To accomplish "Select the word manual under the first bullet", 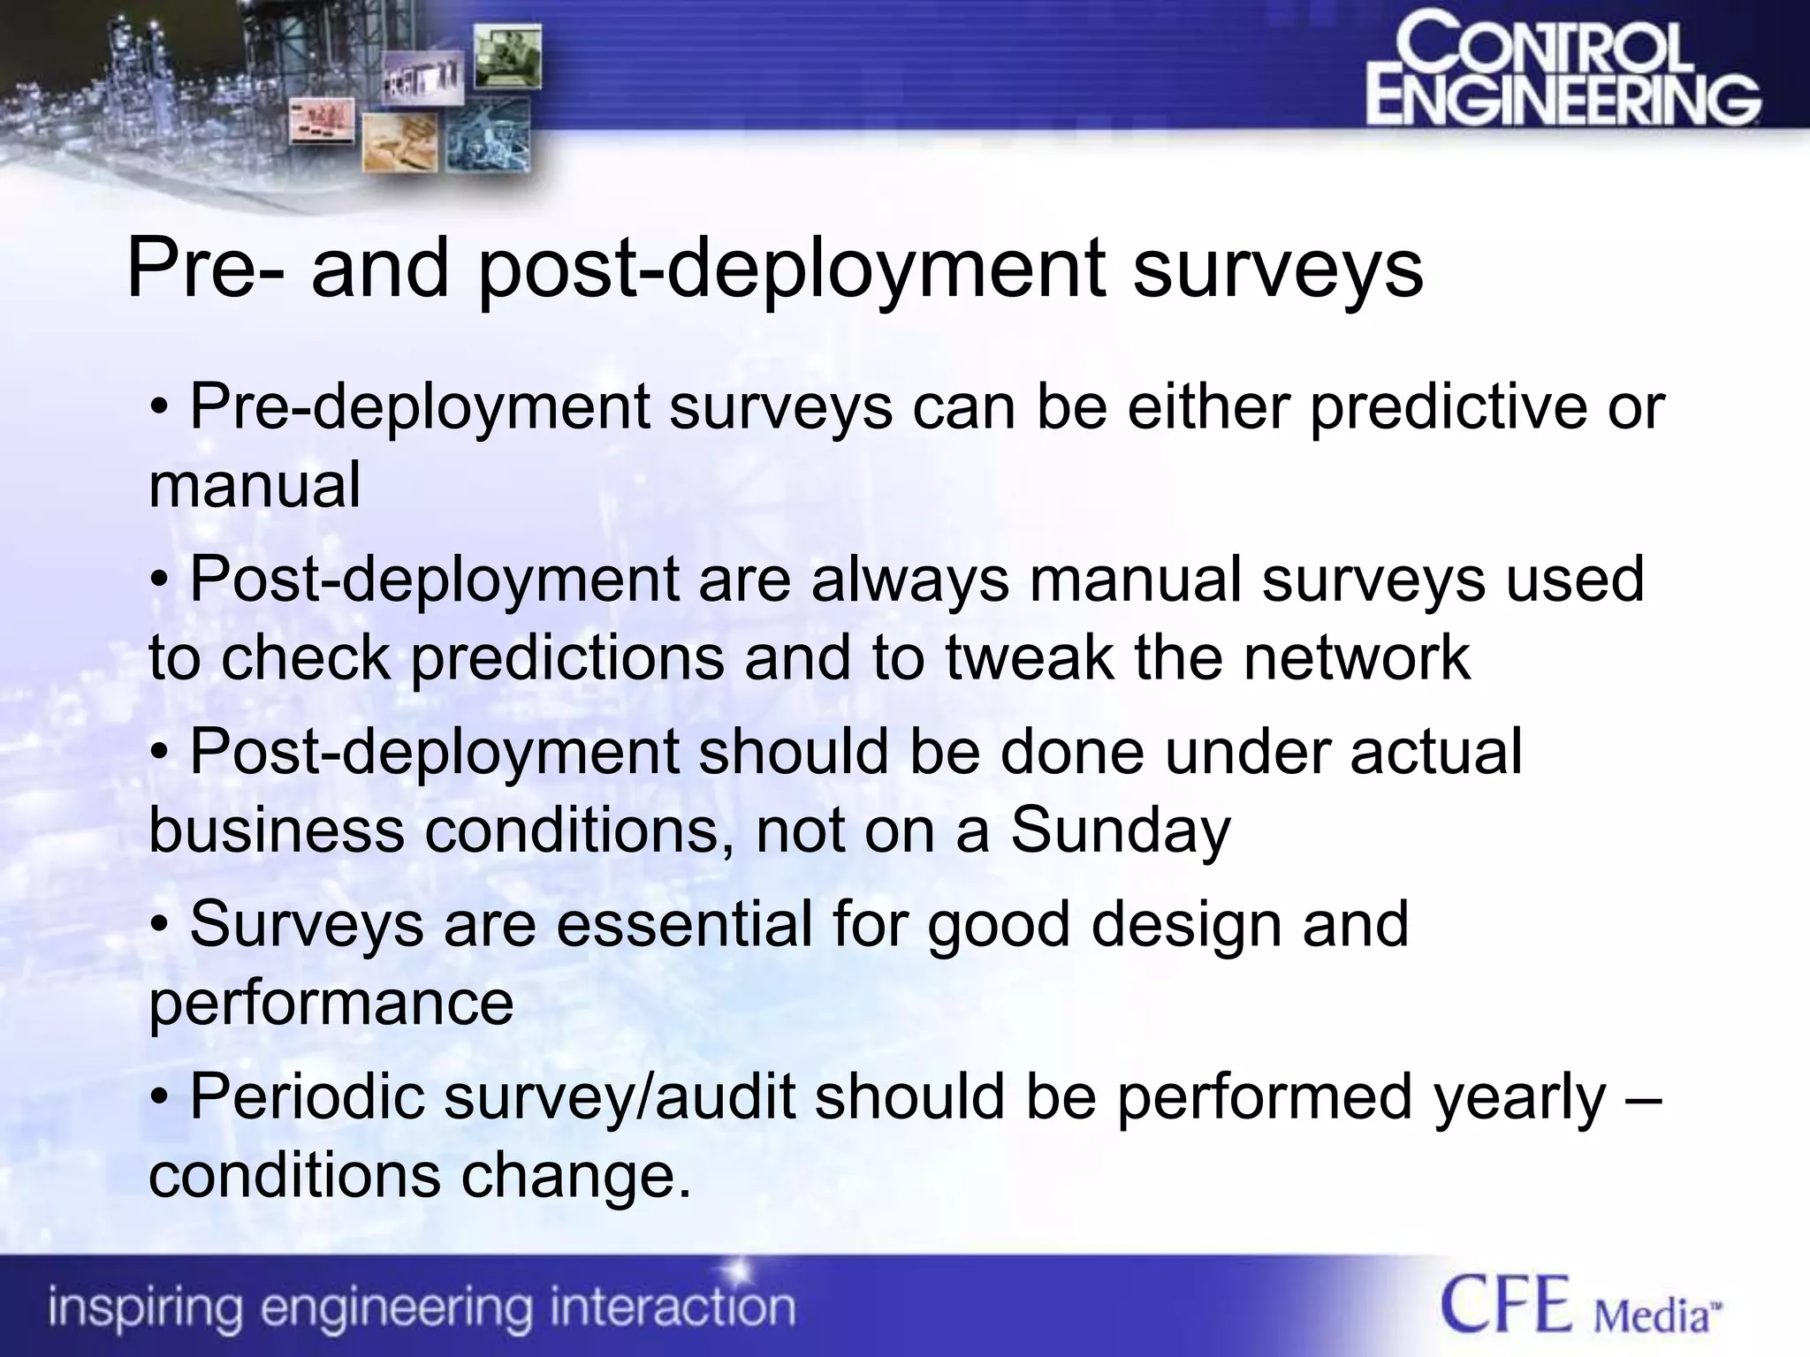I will click(255, 486).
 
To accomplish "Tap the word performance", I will click(331, 1003).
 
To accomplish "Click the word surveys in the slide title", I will click(1278, 269).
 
